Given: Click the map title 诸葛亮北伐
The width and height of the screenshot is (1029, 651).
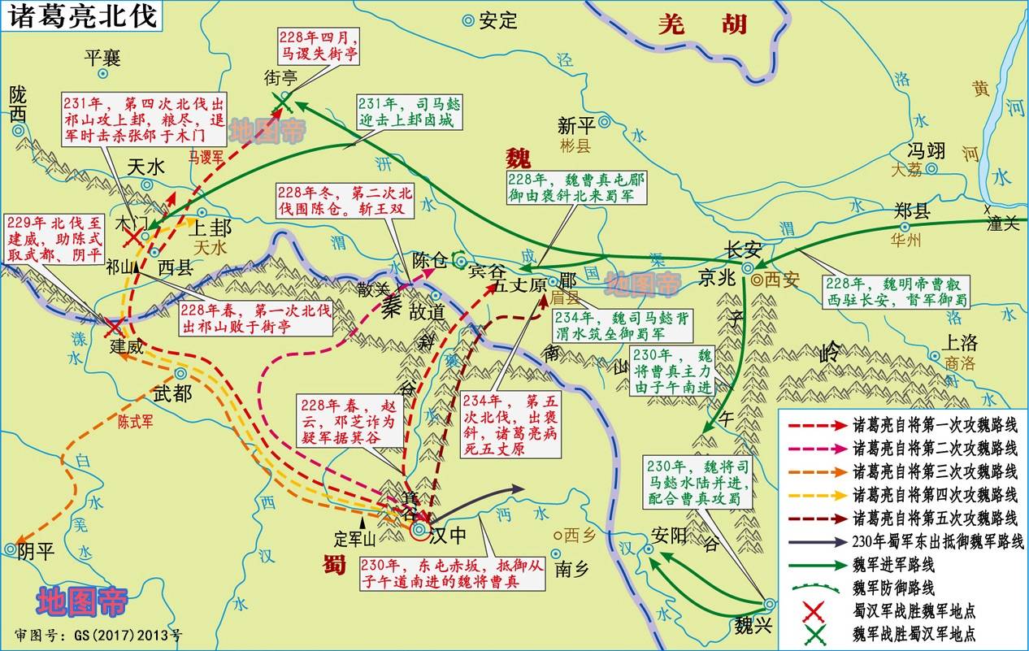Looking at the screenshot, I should point(80,16).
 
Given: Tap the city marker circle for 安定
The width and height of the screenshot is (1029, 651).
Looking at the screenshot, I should point(468,21).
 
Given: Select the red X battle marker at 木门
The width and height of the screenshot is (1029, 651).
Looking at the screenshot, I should point(132,236).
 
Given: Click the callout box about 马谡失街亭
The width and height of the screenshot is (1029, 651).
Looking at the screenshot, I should point(317,46).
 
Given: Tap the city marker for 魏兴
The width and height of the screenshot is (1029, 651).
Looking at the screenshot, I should point(770,604).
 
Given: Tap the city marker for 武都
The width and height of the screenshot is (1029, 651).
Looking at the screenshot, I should point(180,374).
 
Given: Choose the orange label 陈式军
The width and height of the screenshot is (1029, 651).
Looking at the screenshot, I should point(135,422).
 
